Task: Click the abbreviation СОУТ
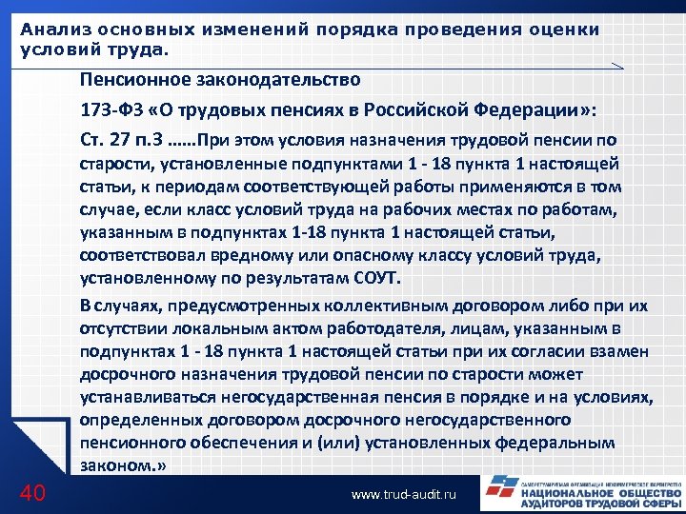coord(377,279)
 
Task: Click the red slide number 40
coord(33,493)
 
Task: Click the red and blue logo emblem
coord(499,493)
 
